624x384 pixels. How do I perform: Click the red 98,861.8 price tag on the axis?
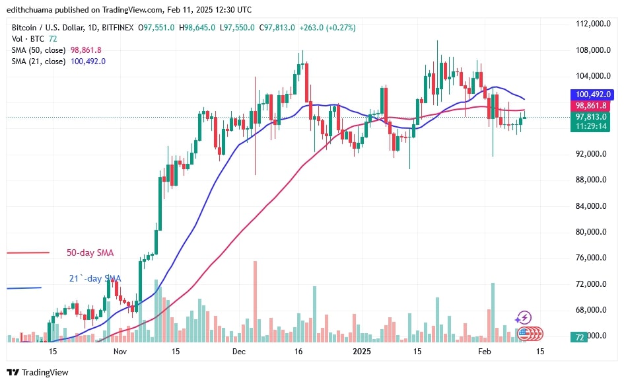pyautogui.click(x=590, y=106)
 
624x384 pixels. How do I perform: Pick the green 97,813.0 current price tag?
pyautogui.click(x=590, y=117)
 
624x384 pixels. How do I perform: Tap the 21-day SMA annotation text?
pyautogui.click(x=94, y=279)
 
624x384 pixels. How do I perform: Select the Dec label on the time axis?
pyautogui.click(x=239, y=352)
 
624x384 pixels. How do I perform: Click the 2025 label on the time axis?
pyautogui.click(x=363, y=352)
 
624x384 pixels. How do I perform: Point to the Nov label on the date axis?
pyautogui.click(x=119, y=352)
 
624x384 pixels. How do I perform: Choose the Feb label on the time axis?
pyautogui.click(x=484, y=352)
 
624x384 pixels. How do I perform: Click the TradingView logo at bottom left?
pyautogui.click(x=38, y=372)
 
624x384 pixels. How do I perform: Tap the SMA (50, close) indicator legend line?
pyautogui.click(x=57, y=50)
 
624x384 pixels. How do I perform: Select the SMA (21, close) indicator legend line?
pyautogui.click(x=59, y=61)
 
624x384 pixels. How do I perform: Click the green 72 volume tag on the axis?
pyautogui.click(x=579, y=337)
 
